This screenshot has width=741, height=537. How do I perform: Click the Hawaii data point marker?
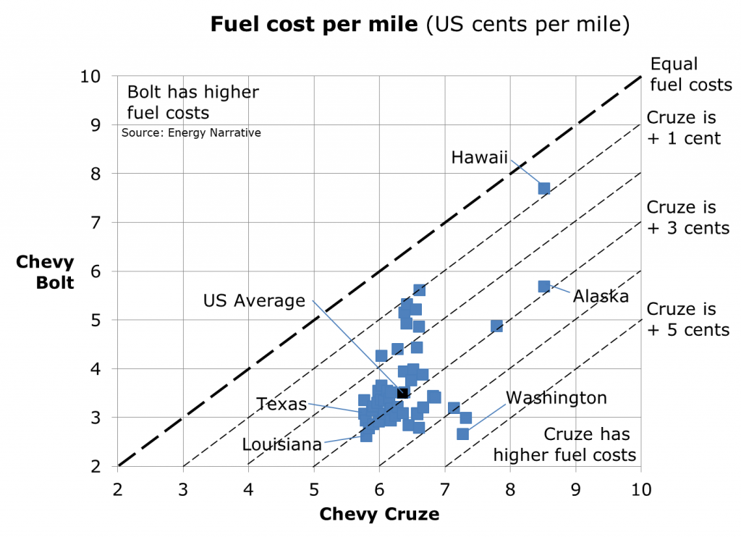point(544,189)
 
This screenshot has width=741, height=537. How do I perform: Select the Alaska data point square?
point(544,287)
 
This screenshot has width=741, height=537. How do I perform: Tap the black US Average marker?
point(402,393)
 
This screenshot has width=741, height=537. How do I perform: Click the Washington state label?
point(556,398)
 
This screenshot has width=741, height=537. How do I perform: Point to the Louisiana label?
point(281,444)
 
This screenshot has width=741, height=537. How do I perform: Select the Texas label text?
point(281,405)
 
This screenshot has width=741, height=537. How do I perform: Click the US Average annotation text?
point(254,301)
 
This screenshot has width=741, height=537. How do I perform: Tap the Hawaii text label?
point(479,157)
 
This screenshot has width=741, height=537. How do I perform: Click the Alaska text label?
point(601,296)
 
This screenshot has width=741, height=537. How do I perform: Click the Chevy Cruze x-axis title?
point(379,515)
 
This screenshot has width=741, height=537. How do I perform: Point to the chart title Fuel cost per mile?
point(420,25)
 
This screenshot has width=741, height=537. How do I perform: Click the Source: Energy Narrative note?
point(191,133)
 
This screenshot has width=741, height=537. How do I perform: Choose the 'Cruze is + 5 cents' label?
point(687,319)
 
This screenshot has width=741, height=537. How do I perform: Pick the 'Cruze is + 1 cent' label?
point(683,128)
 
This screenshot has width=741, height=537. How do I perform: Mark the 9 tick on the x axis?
point(575,489)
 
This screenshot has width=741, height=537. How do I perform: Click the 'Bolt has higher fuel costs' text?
point(192,103)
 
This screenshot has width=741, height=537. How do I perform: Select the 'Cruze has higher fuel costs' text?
point(564,445)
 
